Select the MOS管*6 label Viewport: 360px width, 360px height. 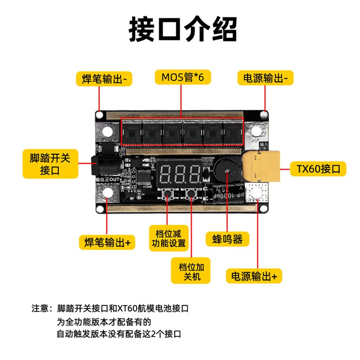[182, 77]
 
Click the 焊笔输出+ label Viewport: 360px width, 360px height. [107, 242]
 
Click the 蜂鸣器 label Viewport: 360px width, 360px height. [227, 239]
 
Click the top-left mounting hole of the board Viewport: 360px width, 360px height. [108, 131]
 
